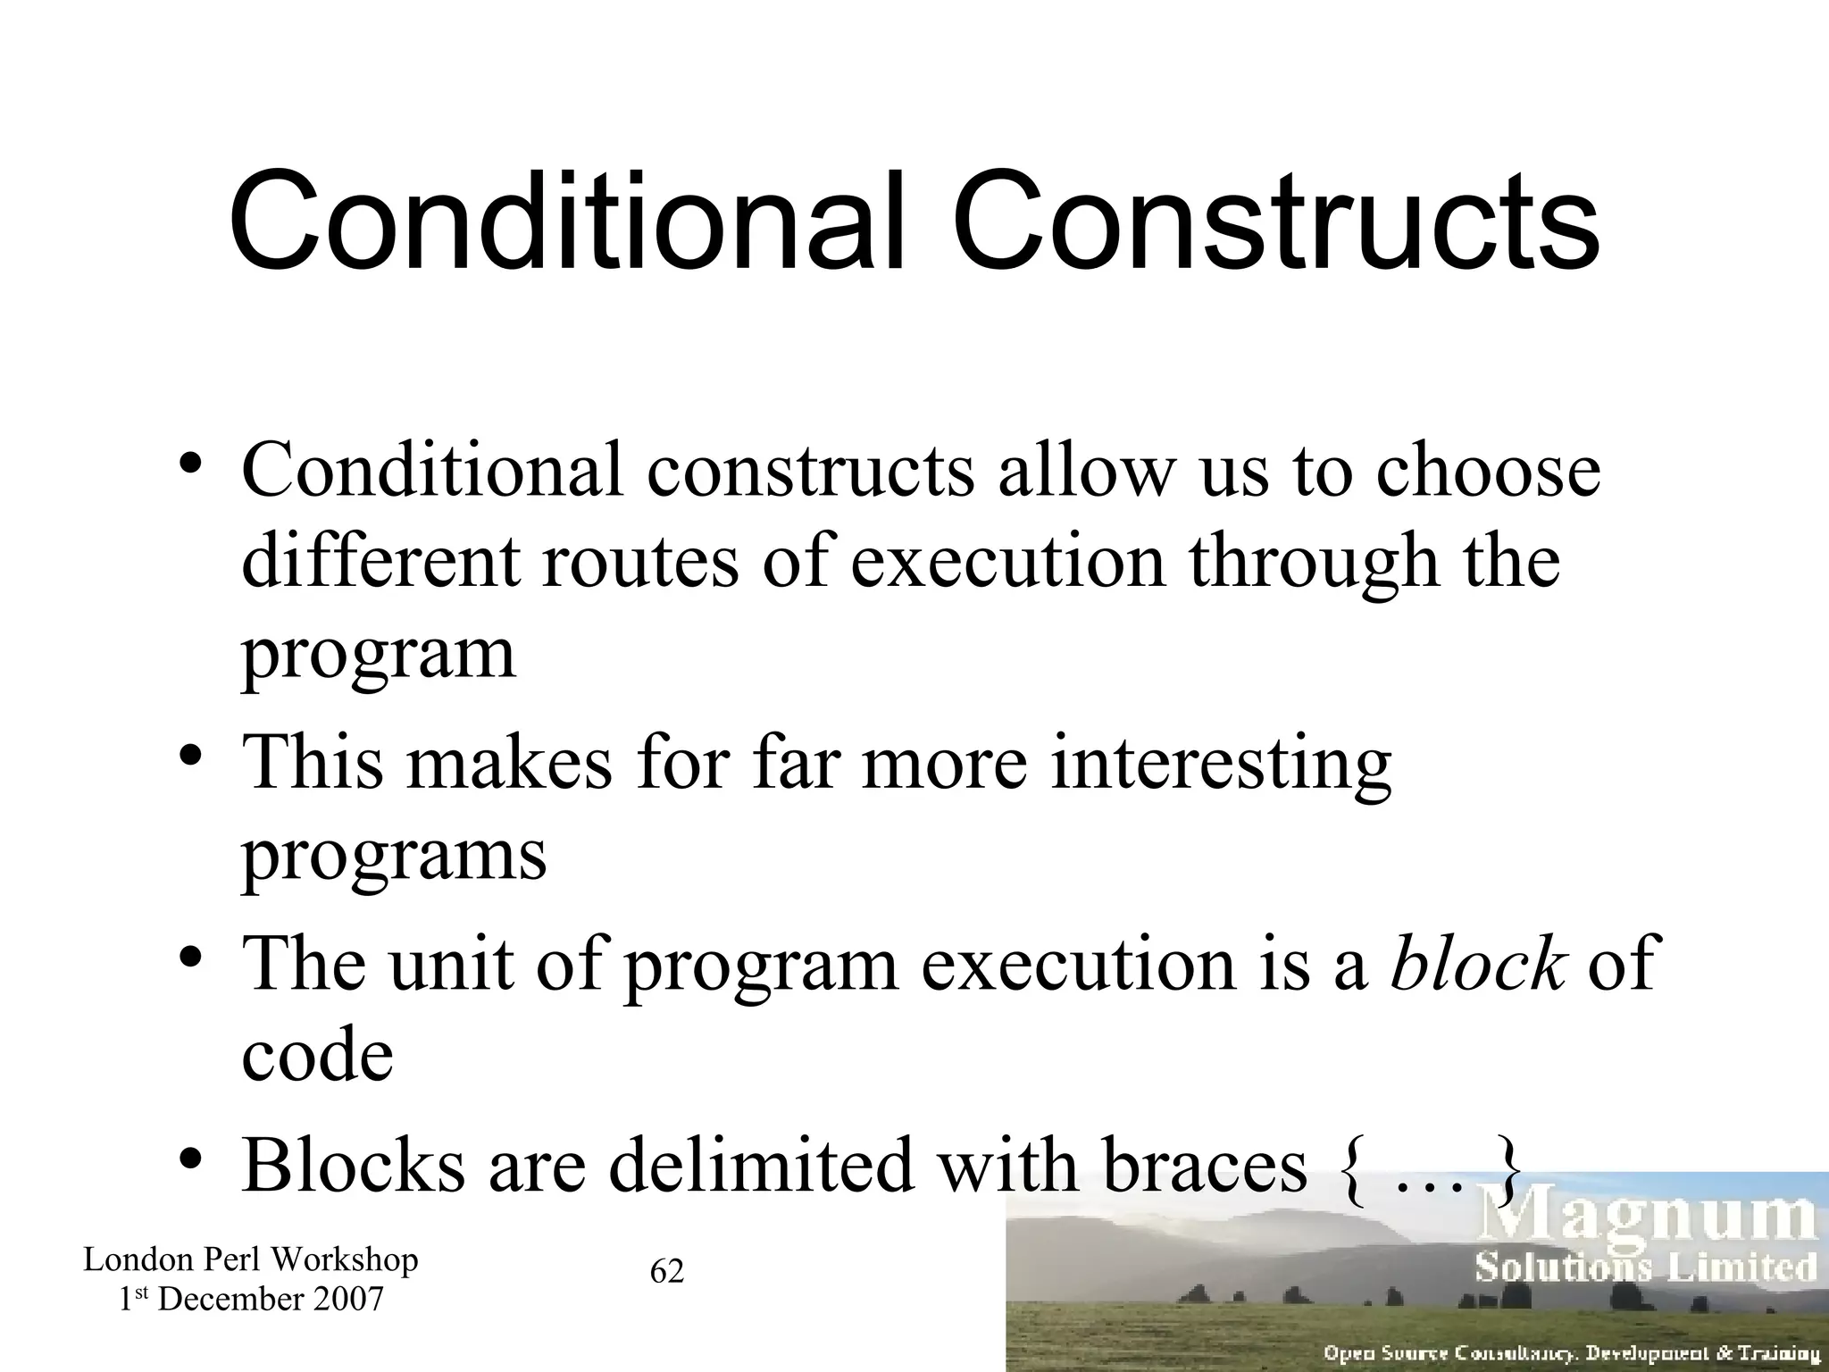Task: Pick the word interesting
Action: [x=1220, y=765]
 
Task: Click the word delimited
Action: [x=763, y=1165]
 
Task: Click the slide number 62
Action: [x=667, y=1271]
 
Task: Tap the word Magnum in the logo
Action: [x=1648, y=1219]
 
